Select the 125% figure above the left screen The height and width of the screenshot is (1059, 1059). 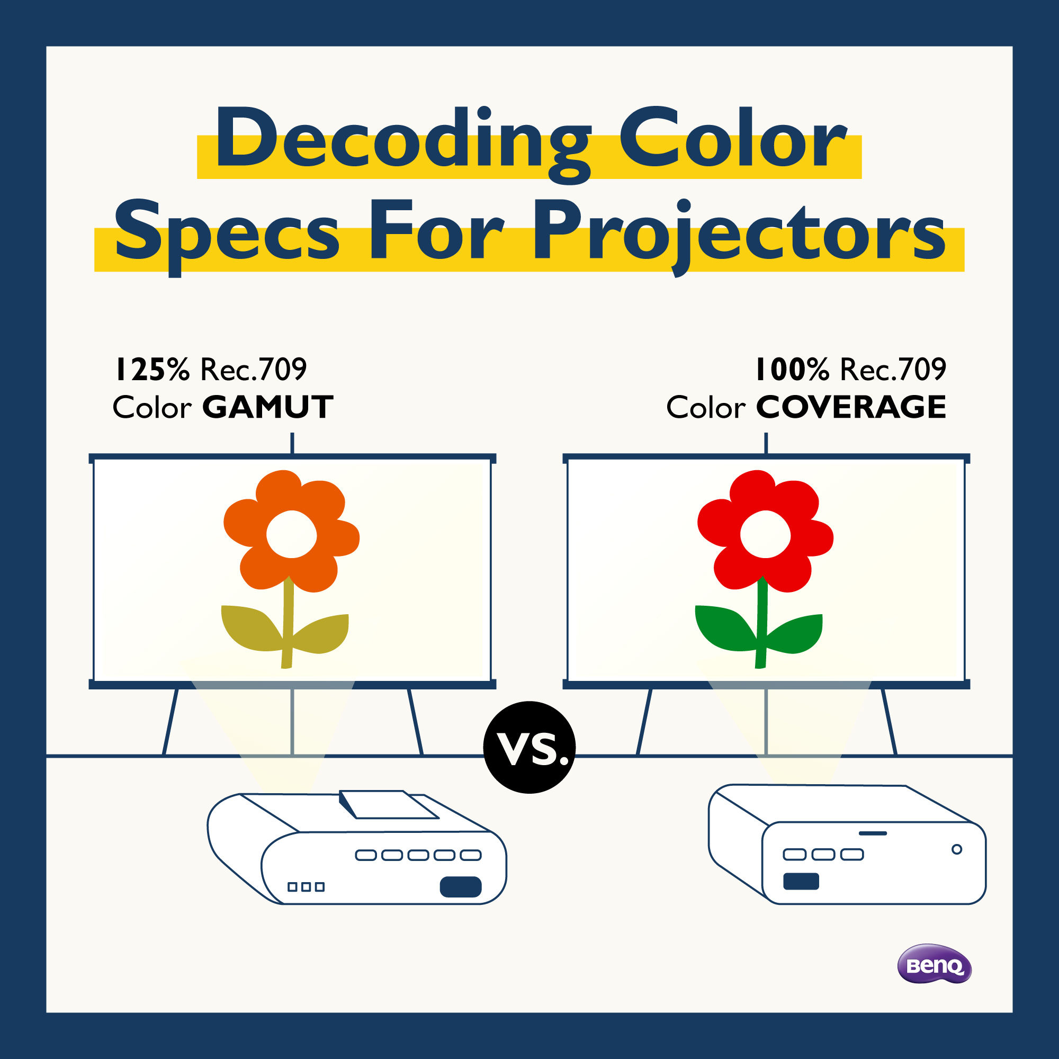(x=152, y=370)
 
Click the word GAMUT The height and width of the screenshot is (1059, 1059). (x=267, y=407)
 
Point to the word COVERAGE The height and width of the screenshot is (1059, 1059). (x=851, y=407)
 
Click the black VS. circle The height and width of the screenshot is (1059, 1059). (x=529, y=747)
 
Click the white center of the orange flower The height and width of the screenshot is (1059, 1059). (x=291, y=534)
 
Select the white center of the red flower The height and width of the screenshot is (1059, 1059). (x=765, y=534)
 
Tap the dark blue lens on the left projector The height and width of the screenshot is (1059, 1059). (x=461, y=887)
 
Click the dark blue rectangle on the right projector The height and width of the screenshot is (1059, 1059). (x=801, y=882)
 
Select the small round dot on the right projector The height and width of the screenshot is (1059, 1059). (x=957, y=849)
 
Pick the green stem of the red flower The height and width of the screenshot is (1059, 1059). (x=761, y=625)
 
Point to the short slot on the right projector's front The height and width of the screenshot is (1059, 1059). (x=873, y=833)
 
